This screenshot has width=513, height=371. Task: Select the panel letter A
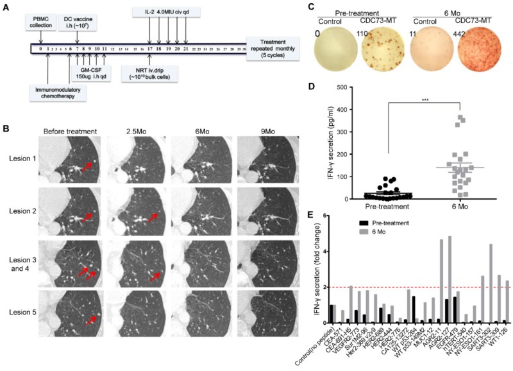[x=6, y=6]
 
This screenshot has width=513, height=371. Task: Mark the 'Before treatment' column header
[x=71, y=132]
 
